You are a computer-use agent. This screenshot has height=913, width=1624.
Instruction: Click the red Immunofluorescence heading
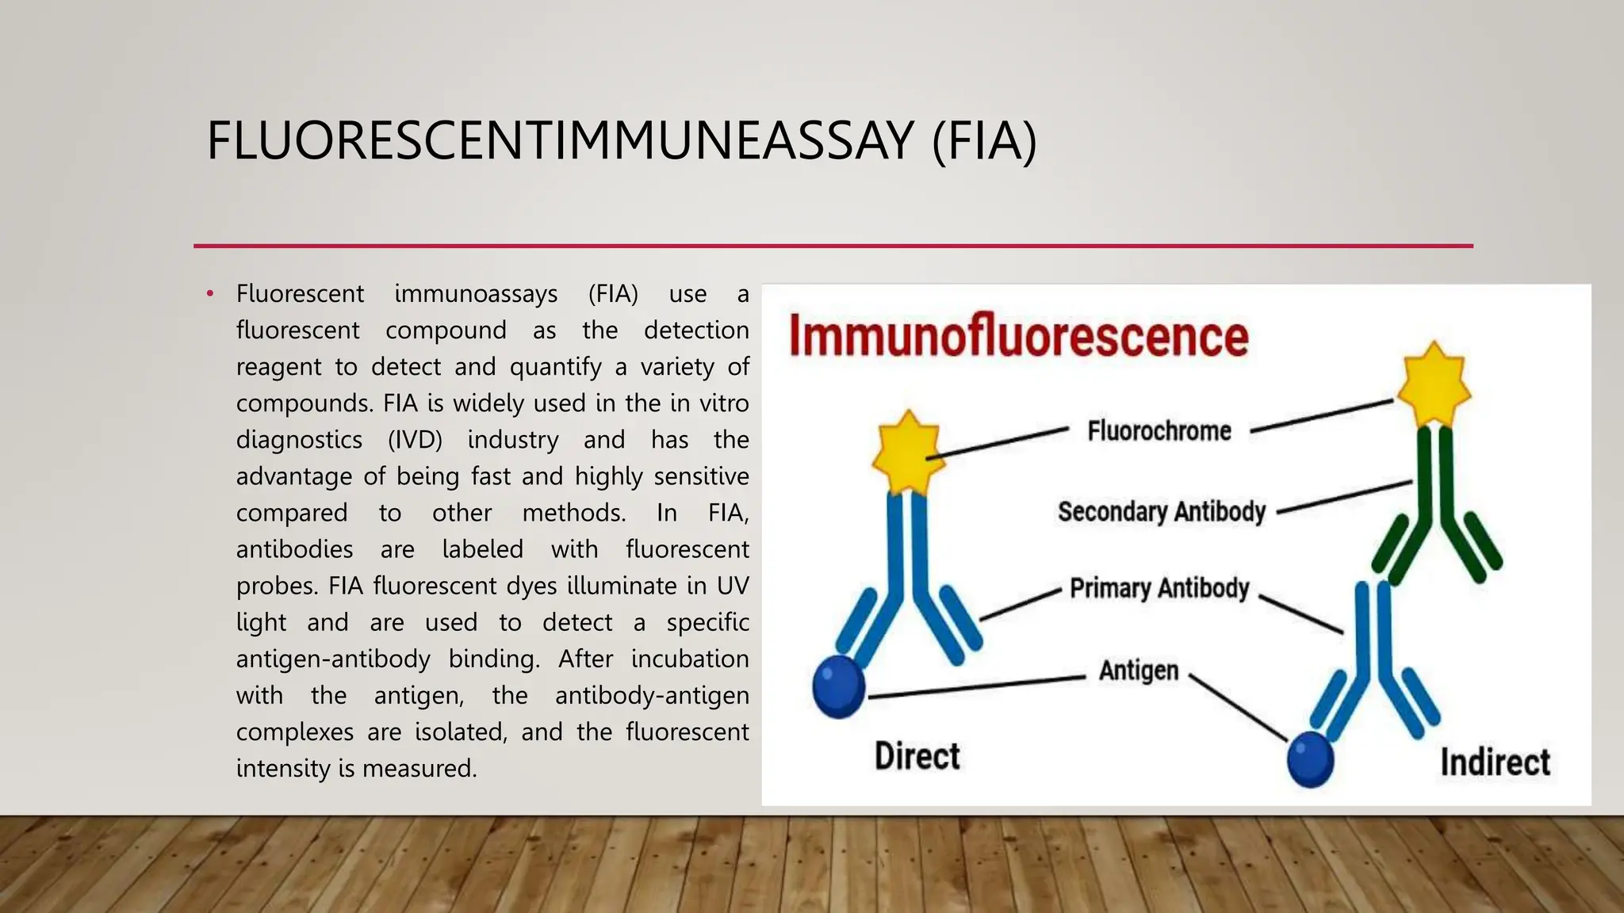click(1018, 337)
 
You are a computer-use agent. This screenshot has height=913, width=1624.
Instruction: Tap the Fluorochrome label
click(1159, 431)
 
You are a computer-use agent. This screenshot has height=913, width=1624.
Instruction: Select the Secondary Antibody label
click(1161, 512)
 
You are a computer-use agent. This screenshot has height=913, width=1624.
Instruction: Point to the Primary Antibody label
click(1159, 588)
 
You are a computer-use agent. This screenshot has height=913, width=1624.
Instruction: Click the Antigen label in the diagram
click(1138, 670)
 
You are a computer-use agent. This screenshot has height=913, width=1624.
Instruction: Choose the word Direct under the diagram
click(917, 756)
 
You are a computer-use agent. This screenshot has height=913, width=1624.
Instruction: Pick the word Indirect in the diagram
click(1495, 762)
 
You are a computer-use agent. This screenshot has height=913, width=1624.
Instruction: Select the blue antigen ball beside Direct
click(839, 686)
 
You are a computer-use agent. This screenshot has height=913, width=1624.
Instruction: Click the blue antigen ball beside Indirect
click(1310, 758)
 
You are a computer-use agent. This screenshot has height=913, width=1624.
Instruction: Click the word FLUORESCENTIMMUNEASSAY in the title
click(560, 140)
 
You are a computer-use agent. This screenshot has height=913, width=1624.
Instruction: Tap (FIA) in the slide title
click(984, 140)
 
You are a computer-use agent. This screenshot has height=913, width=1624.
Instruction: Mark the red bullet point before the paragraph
click(210, 294)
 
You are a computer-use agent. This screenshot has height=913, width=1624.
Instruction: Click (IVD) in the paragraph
click(415, 440)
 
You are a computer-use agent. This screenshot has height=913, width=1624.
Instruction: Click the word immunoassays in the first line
click(476, 294)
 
